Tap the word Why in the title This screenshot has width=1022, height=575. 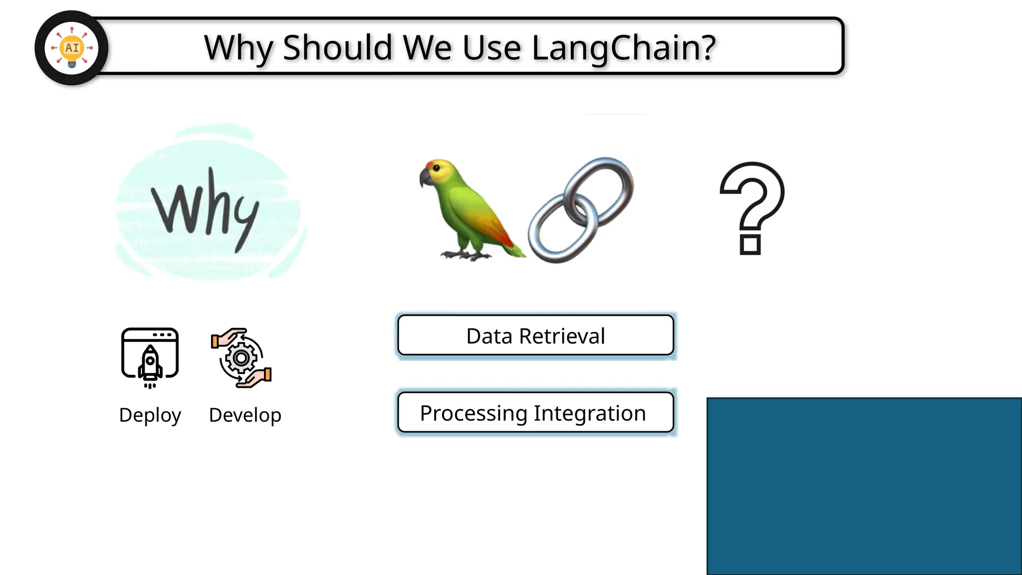238,48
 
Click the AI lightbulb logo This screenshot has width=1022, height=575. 72,48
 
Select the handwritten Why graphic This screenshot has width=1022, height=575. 207,207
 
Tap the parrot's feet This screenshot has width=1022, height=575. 467,255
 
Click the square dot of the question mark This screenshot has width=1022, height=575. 750,245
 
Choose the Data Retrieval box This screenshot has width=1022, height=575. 535,335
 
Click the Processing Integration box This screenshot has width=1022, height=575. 535,413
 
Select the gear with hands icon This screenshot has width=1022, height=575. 242,357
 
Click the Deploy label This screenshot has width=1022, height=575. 150,415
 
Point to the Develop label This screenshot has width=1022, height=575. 245,415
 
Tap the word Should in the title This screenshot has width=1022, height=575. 337,48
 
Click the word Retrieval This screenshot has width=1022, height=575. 562,336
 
